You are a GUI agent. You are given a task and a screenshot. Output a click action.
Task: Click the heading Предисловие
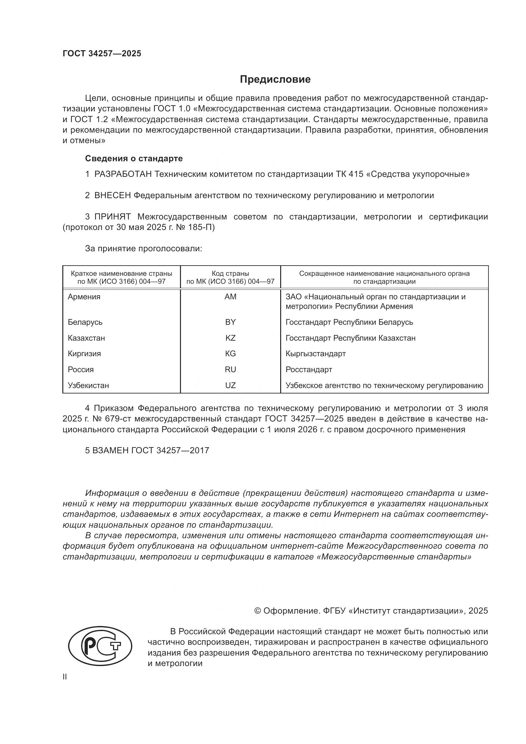(275, 80)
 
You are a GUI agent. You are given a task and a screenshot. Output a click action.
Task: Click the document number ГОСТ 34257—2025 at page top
(102, 54)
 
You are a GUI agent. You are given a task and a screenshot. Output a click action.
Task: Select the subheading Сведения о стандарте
(134, 158)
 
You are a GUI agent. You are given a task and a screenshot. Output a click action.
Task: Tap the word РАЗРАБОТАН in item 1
(123, 174)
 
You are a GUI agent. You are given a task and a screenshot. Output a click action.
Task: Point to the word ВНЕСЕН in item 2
(112, 195)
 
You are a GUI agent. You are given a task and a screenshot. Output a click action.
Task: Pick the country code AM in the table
(230, 296)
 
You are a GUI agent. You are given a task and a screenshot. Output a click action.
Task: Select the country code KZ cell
(230, 338)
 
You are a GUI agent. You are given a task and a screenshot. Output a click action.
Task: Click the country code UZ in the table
(230, 385)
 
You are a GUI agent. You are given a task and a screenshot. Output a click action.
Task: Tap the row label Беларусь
(85, 322)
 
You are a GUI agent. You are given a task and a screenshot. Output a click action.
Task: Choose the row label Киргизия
(84, 353)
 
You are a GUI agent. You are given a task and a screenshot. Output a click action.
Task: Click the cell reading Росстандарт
(309, 369)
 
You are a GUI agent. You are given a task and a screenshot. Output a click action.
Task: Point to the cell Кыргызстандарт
(315, 353)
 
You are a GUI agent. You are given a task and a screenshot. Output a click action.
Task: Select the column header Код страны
(230, 274)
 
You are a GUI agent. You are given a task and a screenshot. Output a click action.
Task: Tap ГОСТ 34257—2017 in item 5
(170, 450)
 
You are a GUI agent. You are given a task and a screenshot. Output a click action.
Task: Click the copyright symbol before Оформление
(258, 611)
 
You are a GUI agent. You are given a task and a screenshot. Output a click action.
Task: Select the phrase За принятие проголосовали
(143, 248)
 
